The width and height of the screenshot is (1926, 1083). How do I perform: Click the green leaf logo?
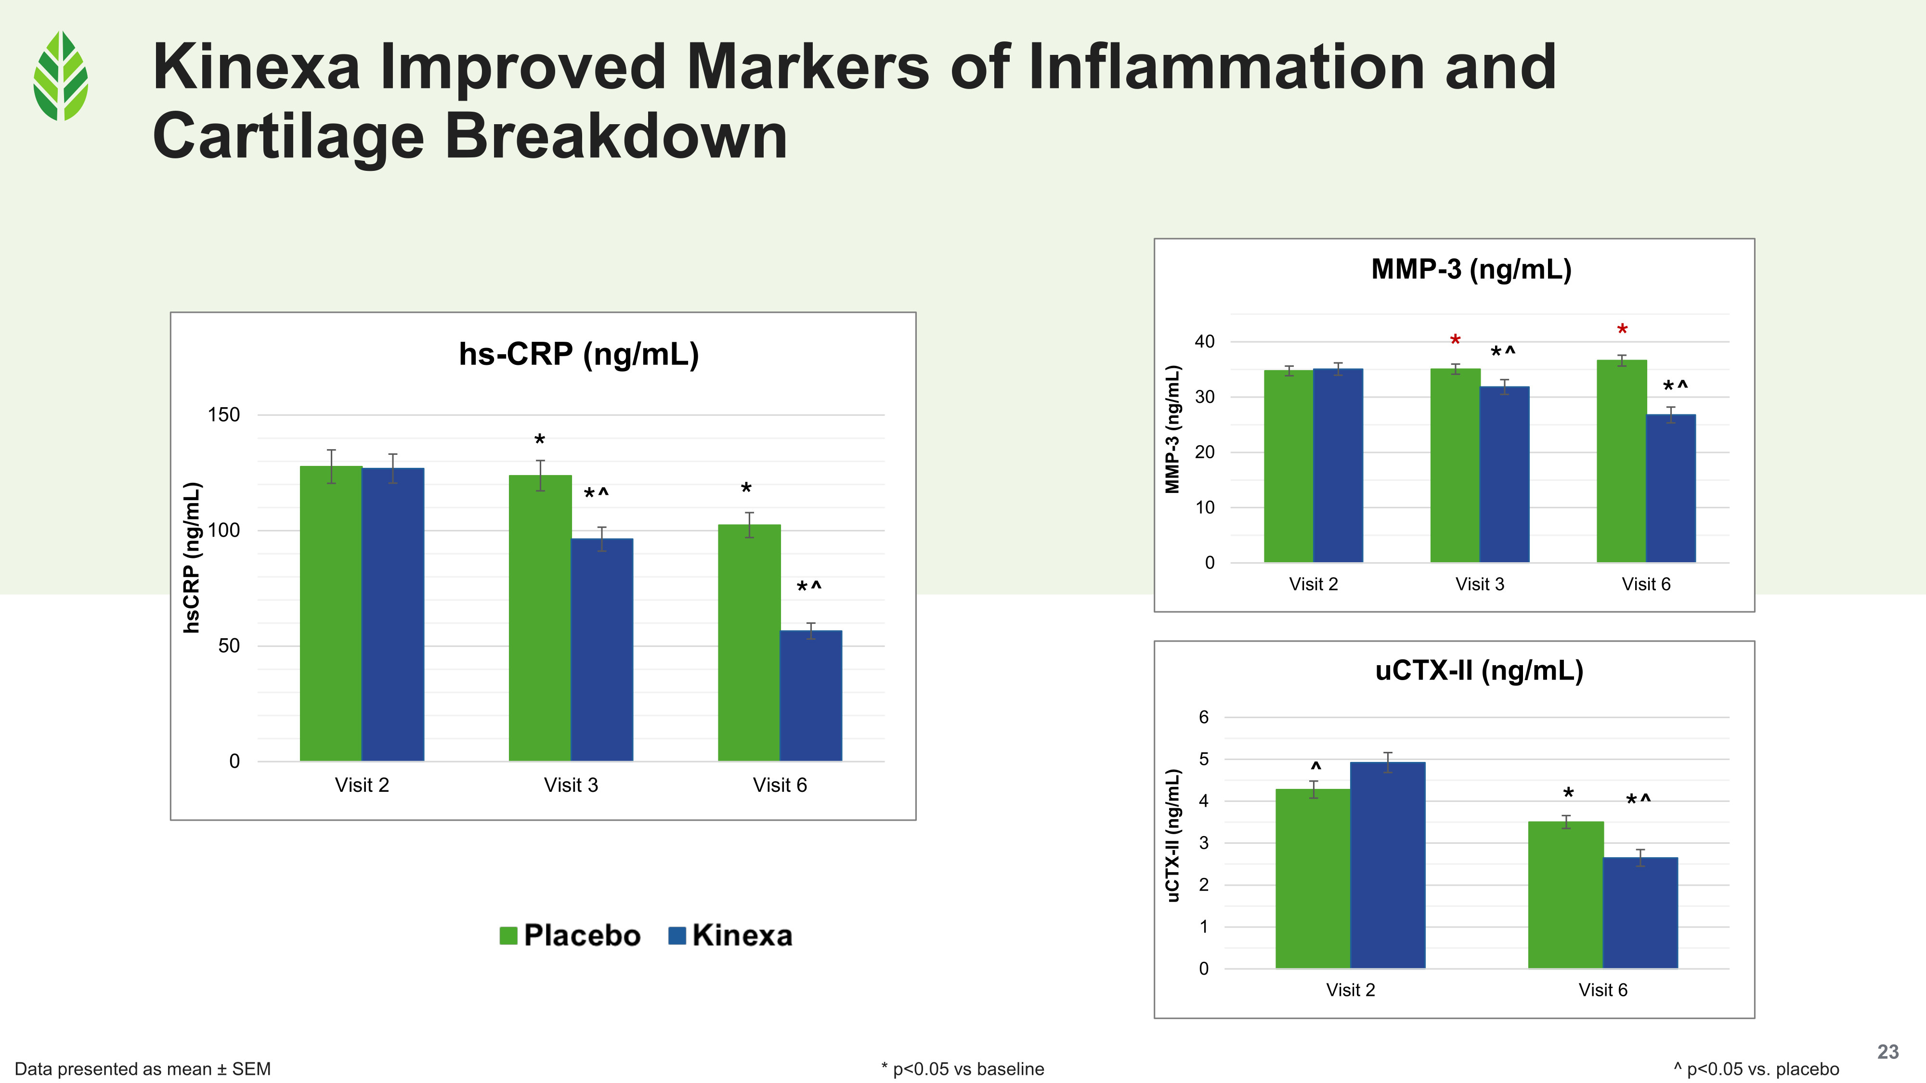pyautogui.click(x=61, y=76)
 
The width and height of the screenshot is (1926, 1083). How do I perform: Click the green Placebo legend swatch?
pyautogui.click(x=508, y=936)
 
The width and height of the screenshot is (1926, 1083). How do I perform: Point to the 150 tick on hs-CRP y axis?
pyautogui.click(x=223, y=415)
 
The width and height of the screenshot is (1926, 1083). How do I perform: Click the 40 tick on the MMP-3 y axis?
pyautogui.click(x=1205, y=342)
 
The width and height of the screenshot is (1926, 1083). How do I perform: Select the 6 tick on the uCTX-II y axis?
pyautogui.click(x=1203, y=718)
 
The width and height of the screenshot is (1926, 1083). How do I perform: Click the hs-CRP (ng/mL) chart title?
pyautogui.click(x=579, y=354)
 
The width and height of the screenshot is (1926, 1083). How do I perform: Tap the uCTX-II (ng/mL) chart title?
pyautogui.click(x=1479, y=670)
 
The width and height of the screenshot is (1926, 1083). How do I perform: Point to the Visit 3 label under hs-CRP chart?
pyautogui.click(x=571, y=785)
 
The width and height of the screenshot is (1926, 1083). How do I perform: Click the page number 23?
pyautogui.click(x=1887, y=1052)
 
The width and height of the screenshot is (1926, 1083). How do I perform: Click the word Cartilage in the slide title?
pyautogui.click(x=288, y=136)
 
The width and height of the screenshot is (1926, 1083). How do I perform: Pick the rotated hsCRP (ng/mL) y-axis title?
pyautogui.click(x=192, y=557)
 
